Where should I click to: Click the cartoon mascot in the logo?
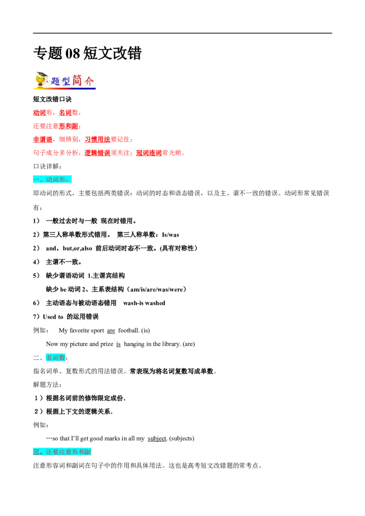41,80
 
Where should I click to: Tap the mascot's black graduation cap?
42,75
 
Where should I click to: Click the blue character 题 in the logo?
56,82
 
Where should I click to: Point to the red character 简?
78,80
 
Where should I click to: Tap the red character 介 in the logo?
89,81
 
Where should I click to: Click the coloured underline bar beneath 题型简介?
73,89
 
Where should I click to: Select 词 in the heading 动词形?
56,180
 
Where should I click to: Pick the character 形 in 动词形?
63,180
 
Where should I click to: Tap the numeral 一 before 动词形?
36,180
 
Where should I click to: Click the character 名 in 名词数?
49,358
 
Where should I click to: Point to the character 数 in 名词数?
63,358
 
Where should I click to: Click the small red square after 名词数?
67,359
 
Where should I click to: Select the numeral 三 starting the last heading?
36,452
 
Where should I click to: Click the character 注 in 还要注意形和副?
63,452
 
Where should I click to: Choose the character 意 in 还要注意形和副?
69,452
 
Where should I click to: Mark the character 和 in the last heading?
82,452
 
